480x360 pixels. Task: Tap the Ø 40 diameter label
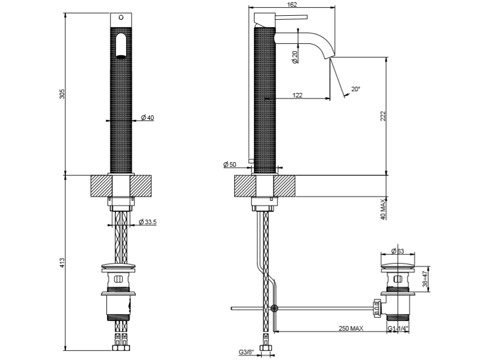pos(148,118)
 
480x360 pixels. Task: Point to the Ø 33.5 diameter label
pos(148,222)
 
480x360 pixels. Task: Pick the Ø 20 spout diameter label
pos(295,57)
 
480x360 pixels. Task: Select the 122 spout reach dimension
pos(298,95)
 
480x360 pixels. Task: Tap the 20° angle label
pos(355,89)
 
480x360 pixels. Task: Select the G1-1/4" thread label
pos(398,328)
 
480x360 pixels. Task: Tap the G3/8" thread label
pos(246,352)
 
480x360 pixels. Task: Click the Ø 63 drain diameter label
pos(398,251)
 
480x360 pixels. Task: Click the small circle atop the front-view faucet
pos(119,18)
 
